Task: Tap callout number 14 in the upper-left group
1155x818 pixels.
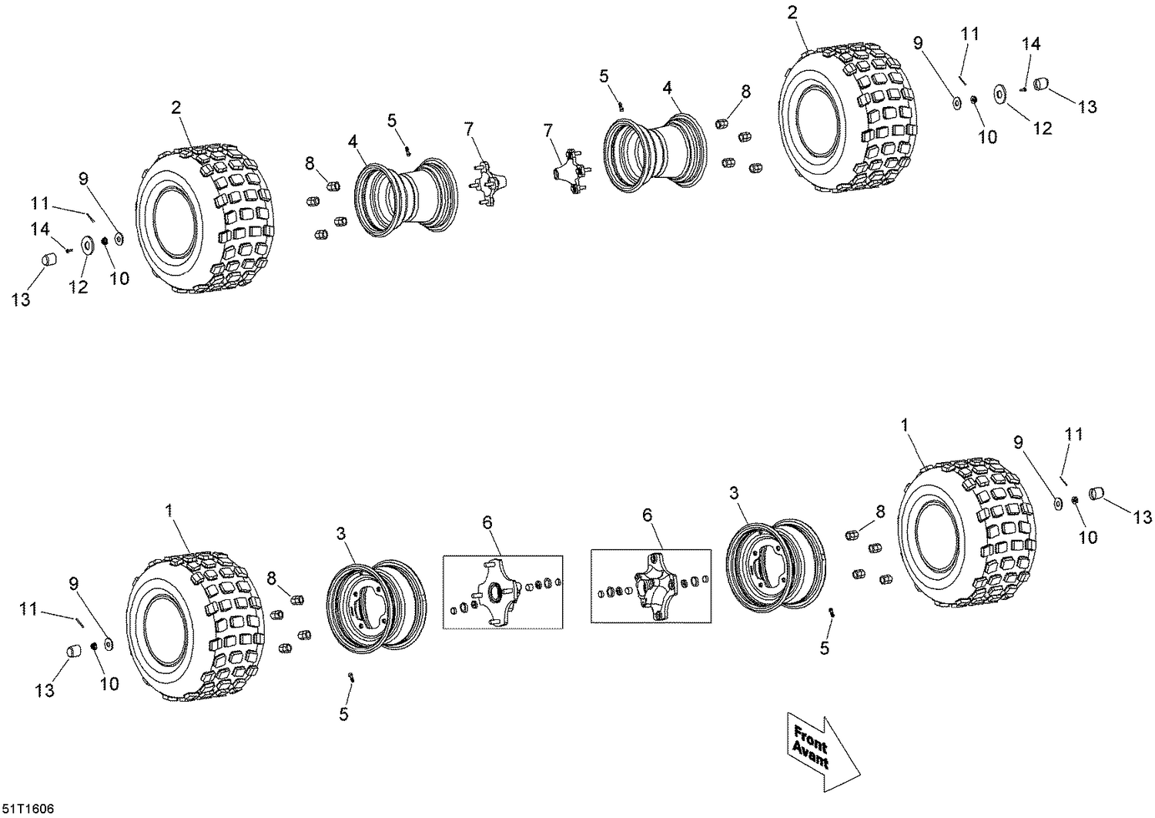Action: [39, 229]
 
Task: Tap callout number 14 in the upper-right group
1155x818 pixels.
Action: [1031, 44]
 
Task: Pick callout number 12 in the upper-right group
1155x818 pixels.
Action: [1042, 128]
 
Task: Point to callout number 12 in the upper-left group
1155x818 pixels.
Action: [79, 287]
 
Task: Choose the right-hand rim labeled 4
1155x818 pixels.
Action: [654, 152]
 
